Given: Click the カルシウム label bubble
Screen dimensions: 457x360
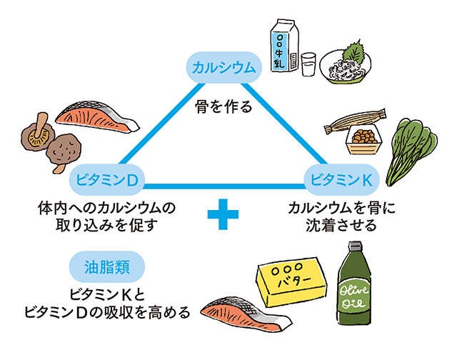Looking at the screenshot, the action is [x=224, y=68].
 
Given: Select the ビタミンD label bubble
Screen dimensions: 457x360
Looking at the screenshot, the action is [x=106, y=180].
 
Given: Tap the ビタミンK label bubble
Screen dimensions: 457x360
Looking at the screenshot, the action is [x=341, y=180].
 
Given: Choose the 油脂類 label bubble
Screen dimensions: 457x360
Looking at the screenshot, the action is [x=107, y=266].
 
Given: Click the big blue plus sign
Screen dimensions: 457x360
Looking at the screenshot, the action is [x=223, y=214].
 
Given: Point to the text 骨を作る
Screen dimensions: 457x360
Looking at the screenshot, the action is [x=224, y=106].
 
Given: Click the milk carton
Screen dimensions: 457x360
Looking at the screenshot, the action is [x=284, y=46].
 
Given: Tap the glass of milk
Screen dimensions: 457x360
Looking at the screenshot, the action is [x=308, y=64].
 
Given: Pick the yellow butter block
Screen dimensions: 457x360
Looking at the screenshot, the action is [x=291, y=281].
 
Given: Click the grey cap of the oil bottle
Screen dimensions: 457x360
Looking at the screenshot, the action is [x=355, y=246].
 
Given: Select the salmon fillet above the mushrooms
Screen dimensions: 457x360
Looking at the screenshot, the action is [x=98, y=116].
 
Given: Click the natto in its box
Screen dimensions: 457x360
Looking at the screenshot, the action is [x=364, y=139].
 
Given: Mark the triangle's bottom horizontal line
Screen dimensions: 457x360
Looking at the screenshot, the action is [x=224, y=186].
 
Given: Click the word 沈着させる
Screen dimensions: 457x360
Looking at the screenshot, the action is [x=341, y=225].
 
